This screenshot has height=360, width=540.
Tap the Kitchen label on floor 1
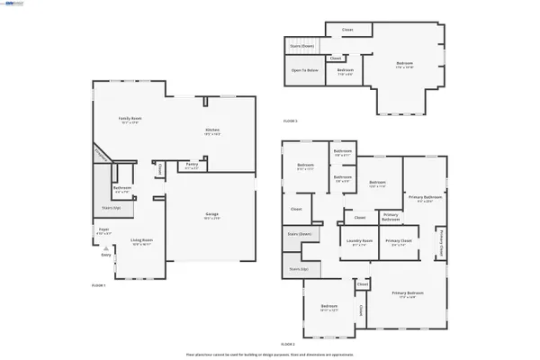(x=212, y=131)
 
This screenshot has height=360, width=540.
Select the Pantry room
(x=192, y=166)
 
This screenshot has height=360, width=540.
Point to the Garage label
(x=211, y=216)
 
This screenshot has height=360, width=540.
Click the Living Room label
(x=141, y=240)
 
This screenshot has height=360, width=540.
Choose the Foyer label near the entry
(x=103, y=231)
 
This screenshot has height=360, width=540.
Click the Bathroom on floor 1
(x=122, y=191)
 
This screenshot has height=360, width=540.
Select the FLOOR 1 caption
(x=99, y=284)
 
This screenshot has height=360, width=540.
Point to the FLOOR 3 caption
(x=290, y=120)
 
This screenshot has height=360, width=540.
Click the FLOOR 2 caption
(x=288, y=344)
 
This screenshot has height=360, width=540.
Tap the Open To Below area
(x=304, y=70)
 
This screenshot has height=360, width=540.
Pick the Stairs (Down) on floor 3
(x=301, y=44)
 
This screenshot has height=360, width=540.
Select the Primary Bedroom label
(x=408, y=293)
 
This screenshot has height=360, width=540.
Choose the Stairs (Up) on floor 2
(x=299, y=268)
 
